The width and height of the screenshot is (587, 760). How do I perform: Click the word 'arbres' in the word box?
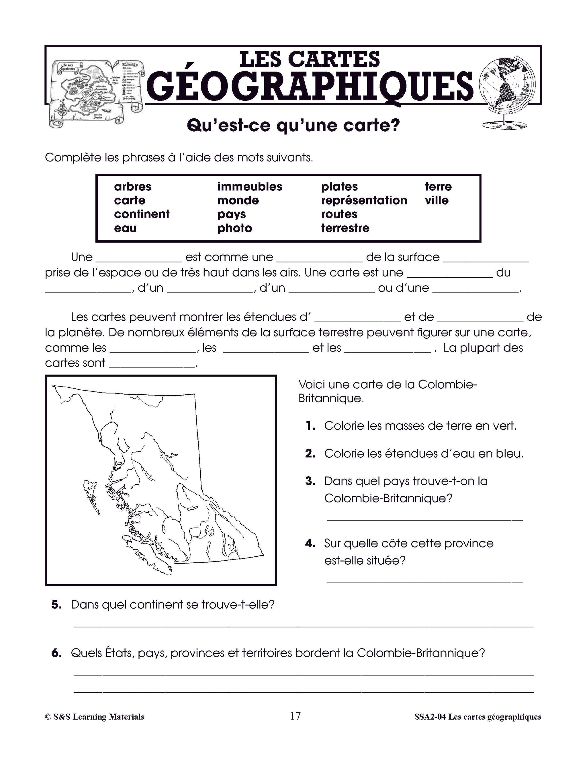pyautogui.click(x=132, y=186)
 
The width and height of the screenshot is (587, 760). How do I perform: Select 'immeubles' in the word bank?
pyautogui.click(x=250, y=186)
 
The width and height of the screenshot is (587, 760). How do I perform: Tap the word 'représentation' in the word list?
pyautogui.click(x=364, y=200)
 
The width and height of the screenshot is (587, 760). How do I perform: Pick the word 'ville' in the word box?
pyautogui.click(x=437, y=200)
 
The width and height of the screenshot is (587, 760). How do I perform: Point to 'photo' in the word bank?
pyautogui.click(x=235, y=228)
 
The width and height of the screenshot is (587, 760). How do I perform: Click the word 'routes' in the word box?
pyautogui.click(x=339, y=214)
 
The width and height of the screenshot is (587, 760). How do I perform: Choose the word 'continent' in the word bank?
pyautogui.click(x=142, y=214)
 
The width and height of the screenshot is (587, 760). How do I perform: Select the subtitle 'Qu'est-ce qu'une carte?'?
pyautogui.click(x=293, y=126)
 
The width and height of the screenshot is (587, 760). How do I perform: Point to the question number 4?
pyautogui.click(x=310, y=543)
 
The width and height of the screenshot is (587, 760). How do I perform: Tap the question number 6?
pyautogui.click(x=56, y=653)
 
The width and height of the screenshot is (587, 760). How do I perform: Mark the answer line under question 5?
pyautogui.click(x=303, y=626)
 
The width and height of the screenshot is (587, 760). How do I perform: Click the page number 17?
pyautogui.click(x=295, y=716)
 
